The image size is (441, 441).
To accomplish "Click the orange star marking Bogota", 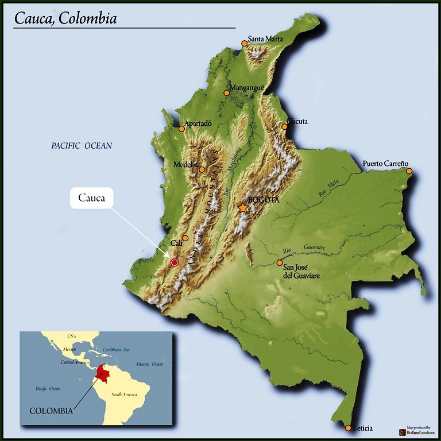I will (x=243, y=208).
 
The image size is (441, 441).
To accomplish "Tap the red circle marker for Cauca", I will (x=175, y=262).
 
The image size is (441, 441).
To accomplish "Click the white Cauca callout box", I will (x=92, y=199).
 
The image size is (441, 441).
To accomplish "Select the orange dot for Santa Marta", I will (x=245, y=44).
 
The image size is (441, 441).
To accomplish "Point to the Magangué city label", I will (x=247, y=88).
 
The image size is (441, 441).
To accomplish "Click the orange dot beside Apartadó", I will (x=182, y=129).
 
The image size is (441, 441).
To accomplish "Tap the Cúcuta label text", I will (x=297, y=121).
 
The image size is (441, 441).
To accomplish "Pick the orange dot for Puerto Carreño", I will (x=409, y=171).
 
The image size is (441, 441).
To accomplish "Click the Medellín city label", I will (x=185, y=165).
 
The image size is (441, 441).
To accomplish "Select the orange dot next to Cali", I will (x=185, y=238).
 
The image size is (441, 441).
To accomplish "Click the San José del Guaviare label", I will (x=302, y=272).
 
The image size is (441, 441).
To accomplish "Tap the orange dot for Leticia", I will (x=348, y=428).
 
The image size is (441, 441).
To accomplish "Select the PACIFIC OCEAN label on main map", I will (x=82, y=146).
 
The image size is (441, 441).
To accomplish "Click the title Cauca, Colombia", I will (x=65, y=18).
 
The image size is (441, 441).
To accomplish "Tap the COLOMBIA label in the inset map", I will (x=51, y=411).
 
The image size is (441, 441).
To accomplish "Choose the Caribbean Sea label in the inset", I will (x=116, y=349).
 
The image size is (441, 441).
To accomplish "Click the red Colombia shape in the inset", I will (x=105, y=373).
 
